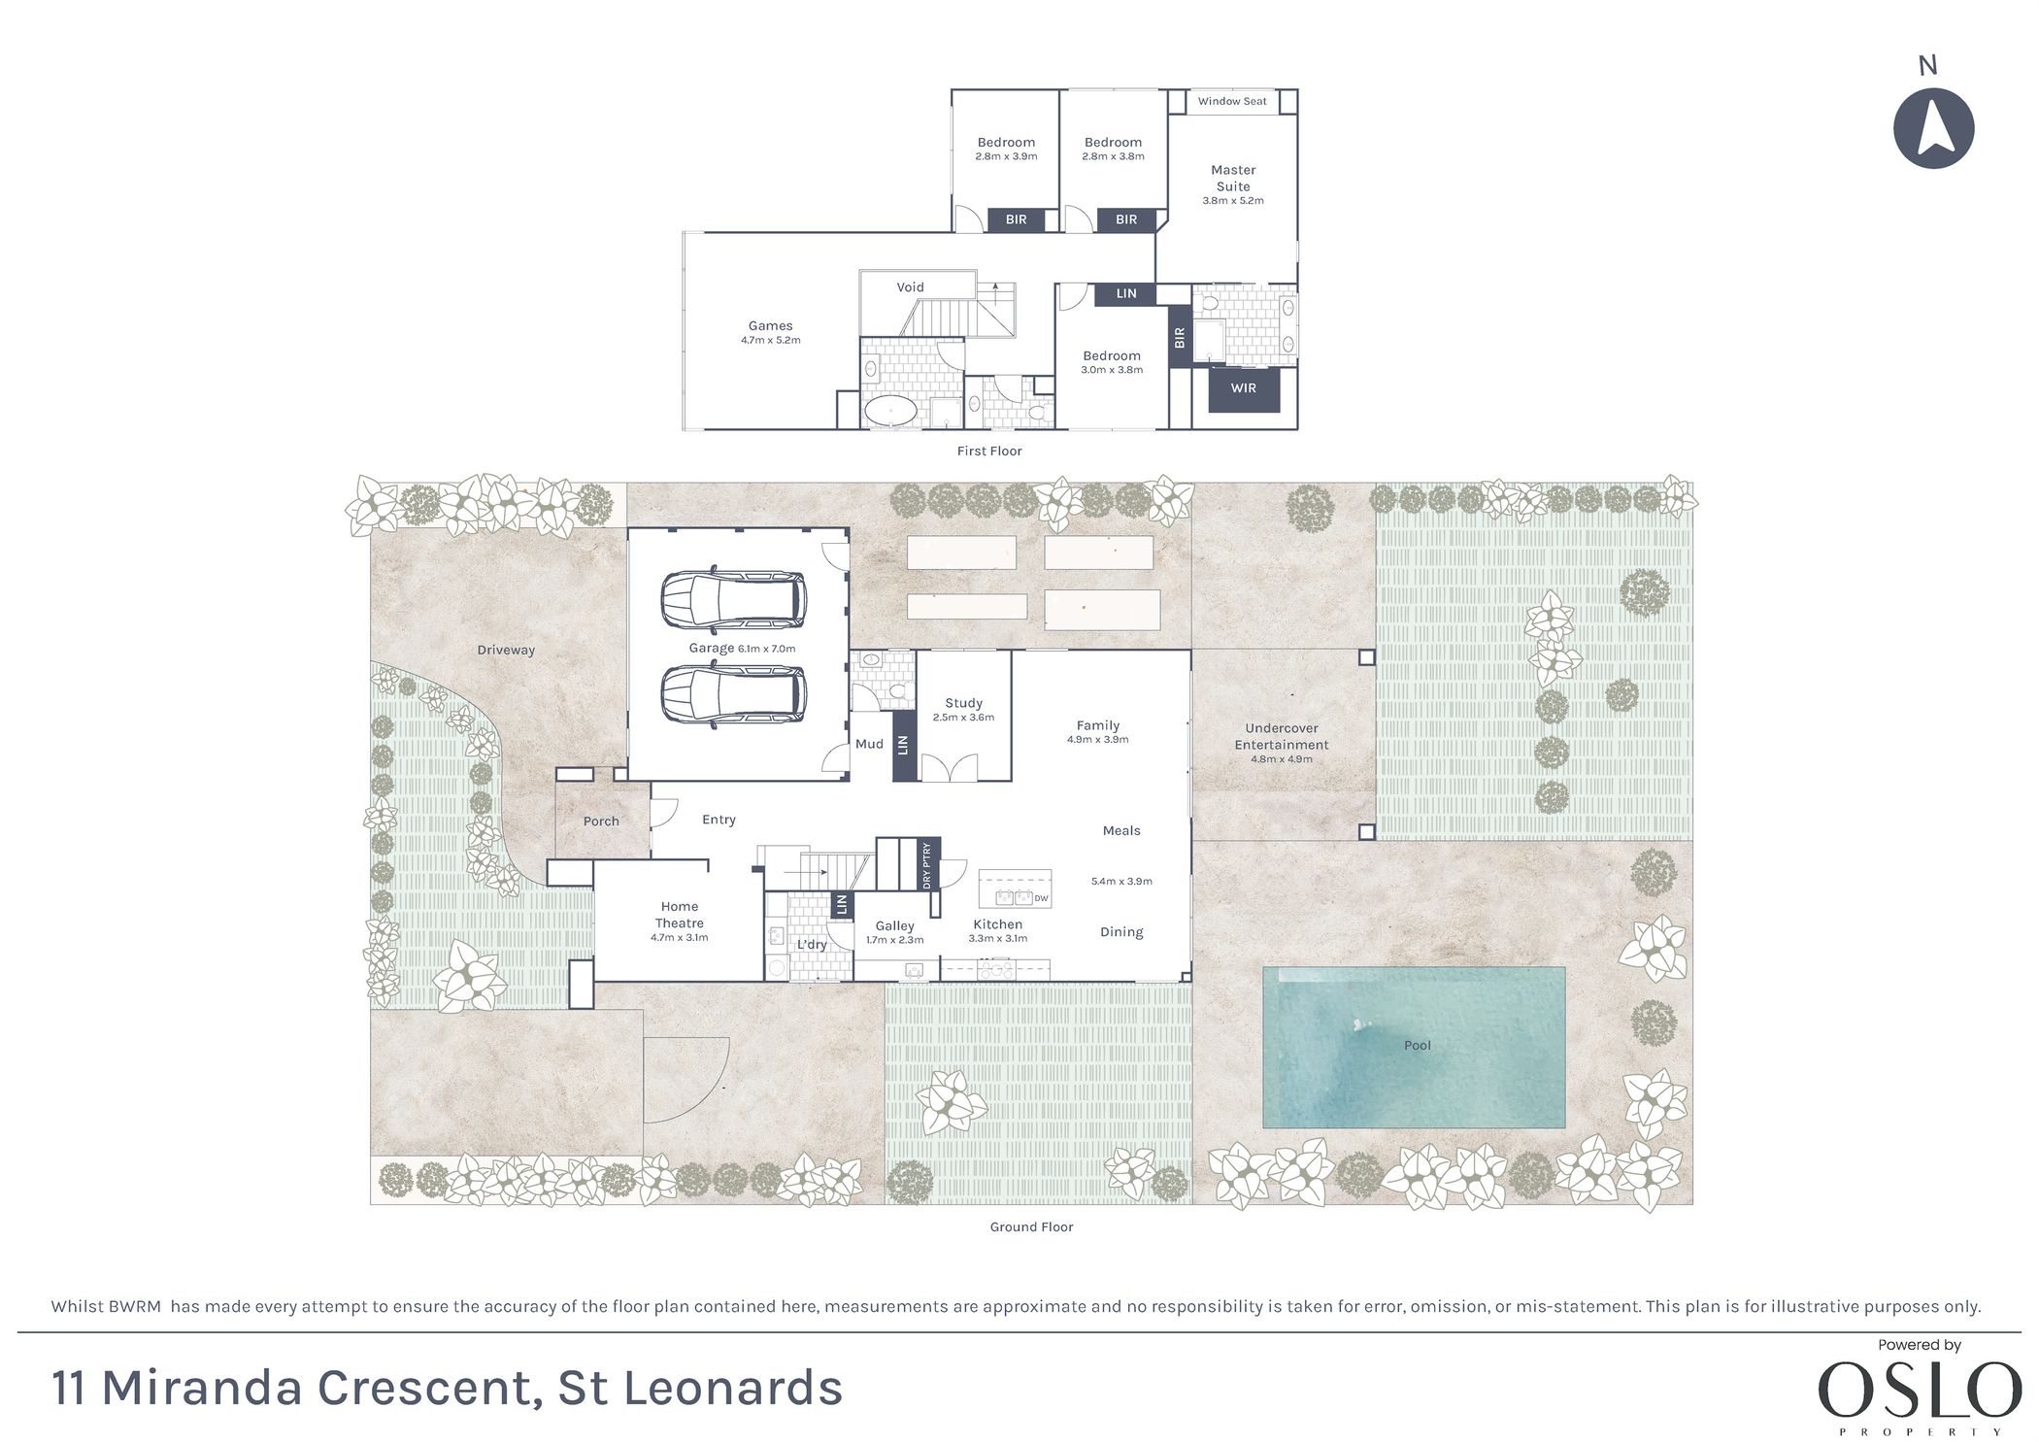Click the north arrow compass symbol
pos(1933,128)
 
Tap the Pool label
pos(1418,1045)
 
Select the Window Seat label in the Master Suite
pos(1232,101)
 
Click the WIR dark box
pos(1244,388)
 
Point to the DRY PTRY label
pos(927,865)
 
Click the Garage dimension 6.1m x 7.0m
pos(766,649)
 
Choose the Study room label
pos(963,703)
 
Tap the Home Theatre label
pos(680,915)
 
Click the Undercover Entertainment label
pos(1282,736)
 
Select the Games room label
pos(770,326)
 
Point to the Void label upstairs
pos(911,287)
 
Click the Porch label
pos(601,822)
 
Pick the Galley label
pos(894,926)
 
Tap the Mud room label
pos(869,744)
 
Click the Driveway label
pos(506,651)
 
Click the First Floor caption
pos(989,451)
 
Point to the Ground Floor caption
pos(1031,1227)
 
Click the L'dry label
pos(812,945)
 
